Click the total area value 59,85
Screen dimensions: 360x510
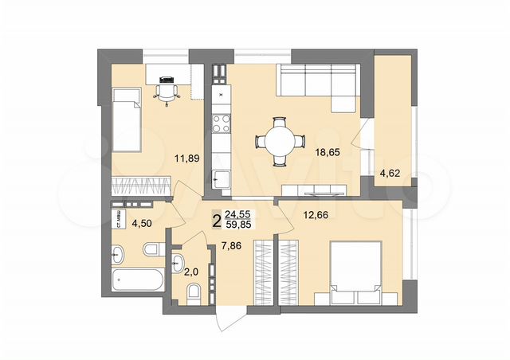(240, 225)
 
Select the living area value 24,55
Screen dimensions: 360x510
(240, 214)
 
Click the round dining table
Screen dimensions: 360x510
(280, 143)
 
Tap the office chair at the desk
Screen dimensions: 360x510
(167, 90)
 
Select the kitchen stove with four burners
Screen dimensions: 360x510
(220, 123)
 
